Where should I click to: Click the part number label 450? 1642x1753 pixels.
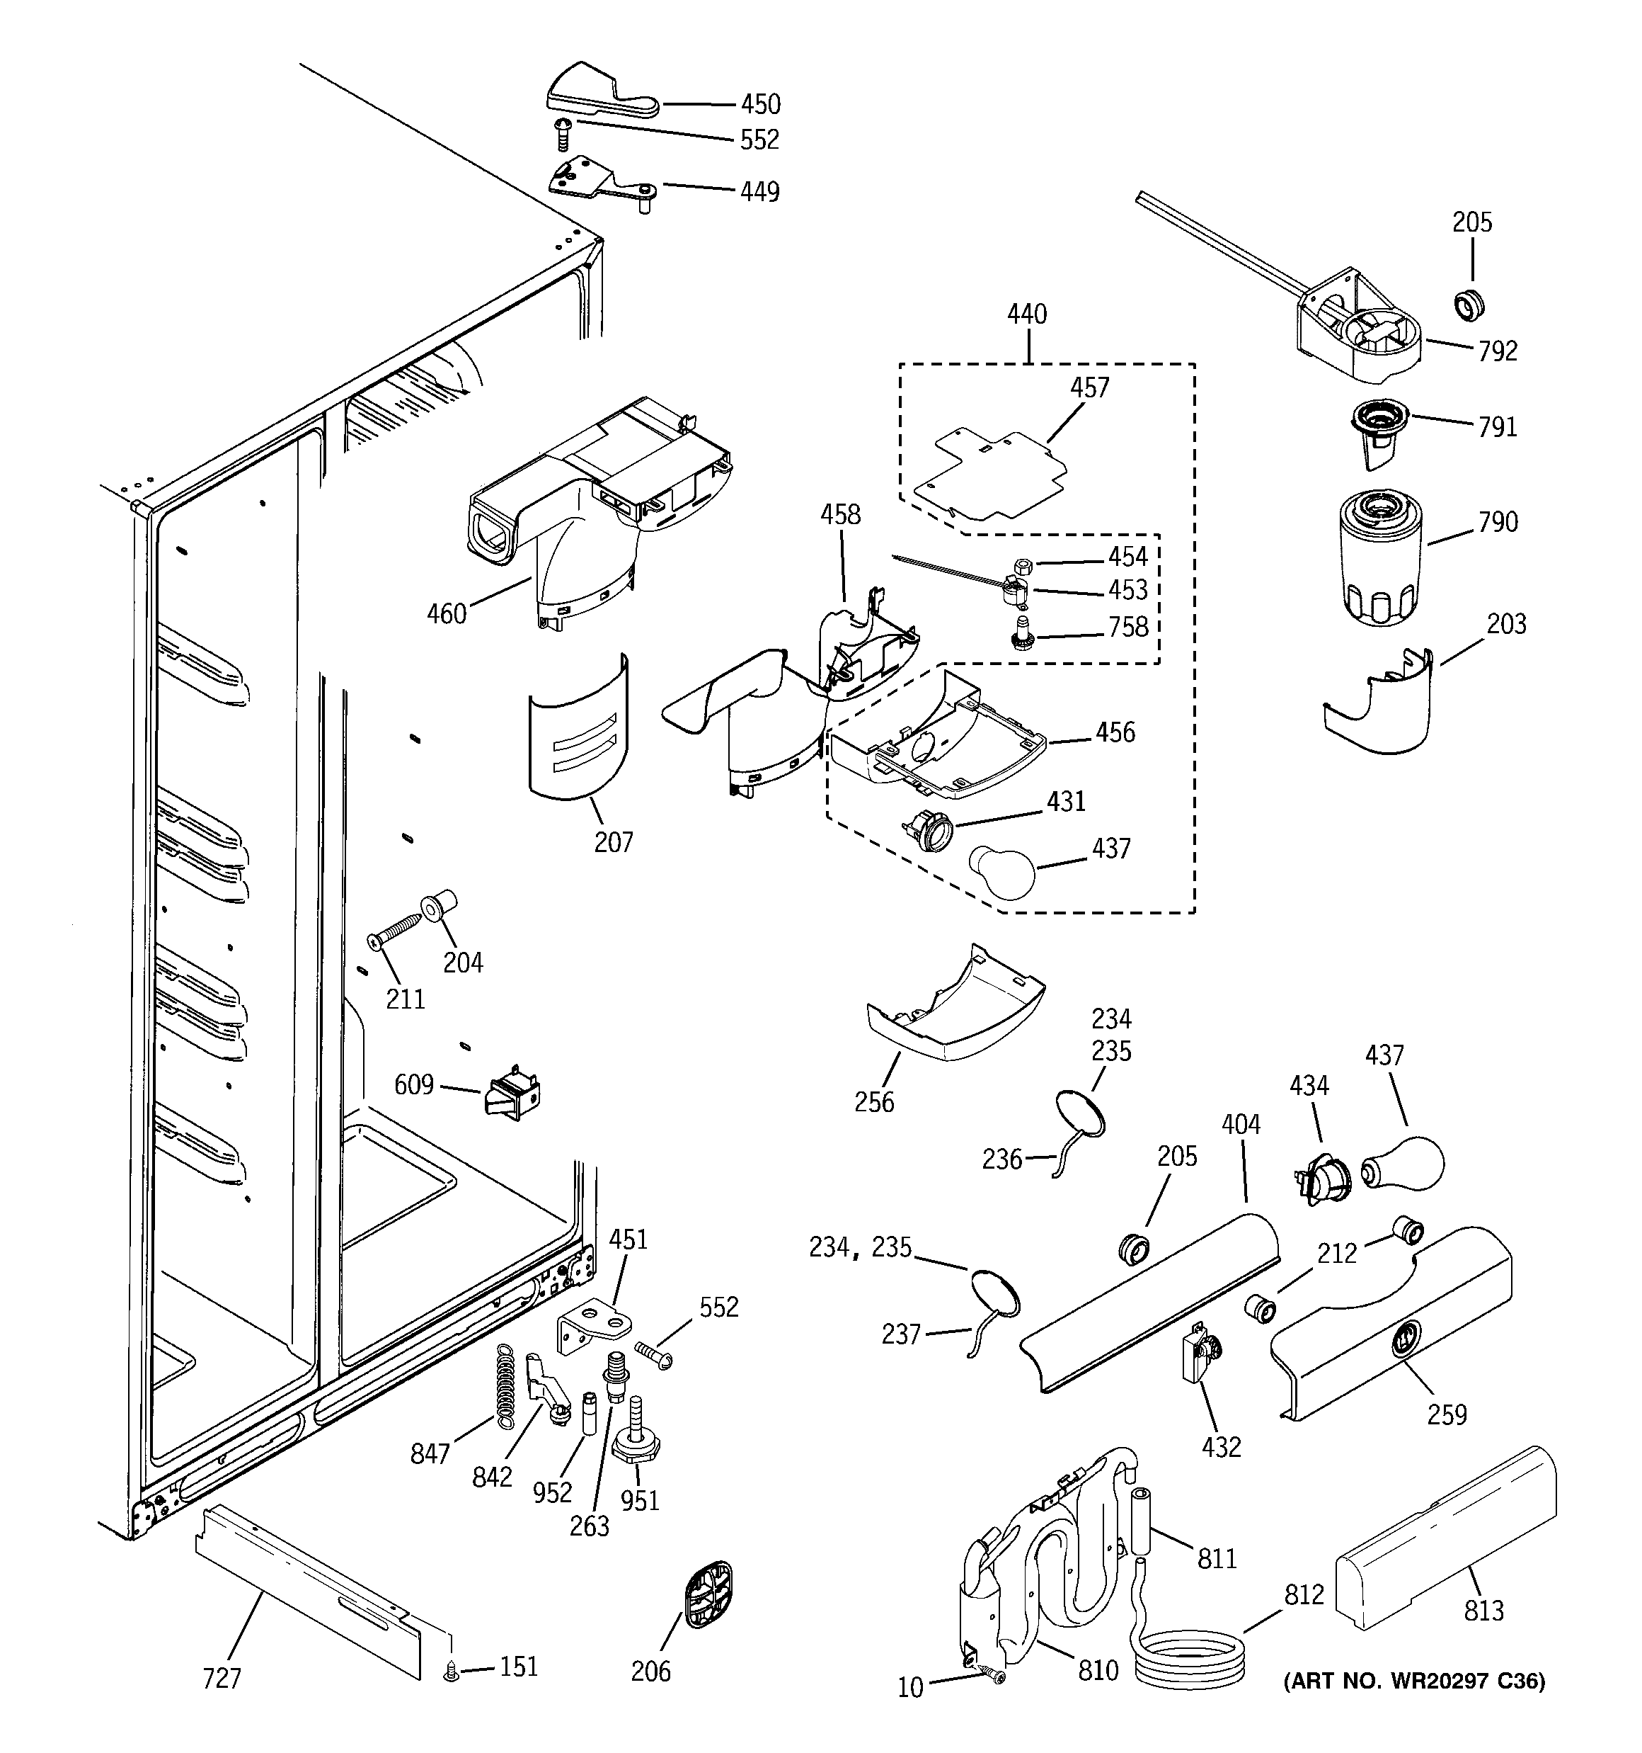(759, 105)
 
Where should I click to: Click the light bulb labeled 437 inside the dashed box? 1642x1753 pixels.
(1002, 872)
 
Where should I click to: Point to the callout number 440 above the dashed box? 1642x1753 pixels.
(1027, 314)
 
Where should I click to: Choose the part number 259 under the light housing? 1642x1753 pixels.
(1447, 1415)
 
